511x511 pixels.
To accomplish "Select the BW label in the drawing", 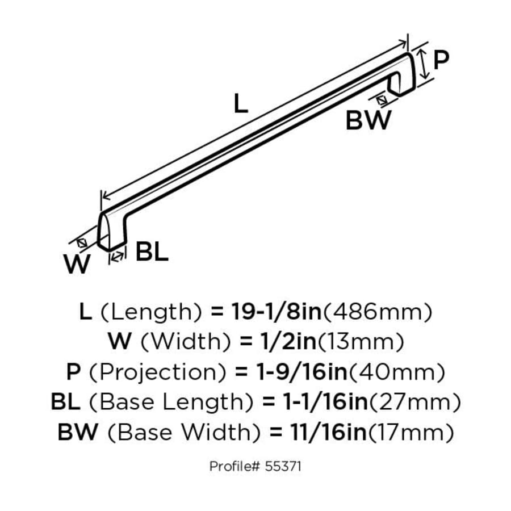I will pyautogui.click(x=368, y=120).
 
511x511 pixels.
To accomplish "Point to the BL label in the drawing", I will pyautogui.click(x=152, y=252).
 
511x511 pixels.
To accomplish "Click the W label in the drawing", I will pyautogui.click(x=78, y=265).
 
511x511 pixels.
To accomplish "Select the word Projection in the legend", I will pyautogui.click(x=158, y=372).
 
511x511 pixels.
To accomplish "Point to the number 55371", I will pyautogui.click(x=286, y=467).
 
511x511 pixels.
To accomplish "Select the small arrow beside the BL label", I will pyautogui.click(x=118, y=257).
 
